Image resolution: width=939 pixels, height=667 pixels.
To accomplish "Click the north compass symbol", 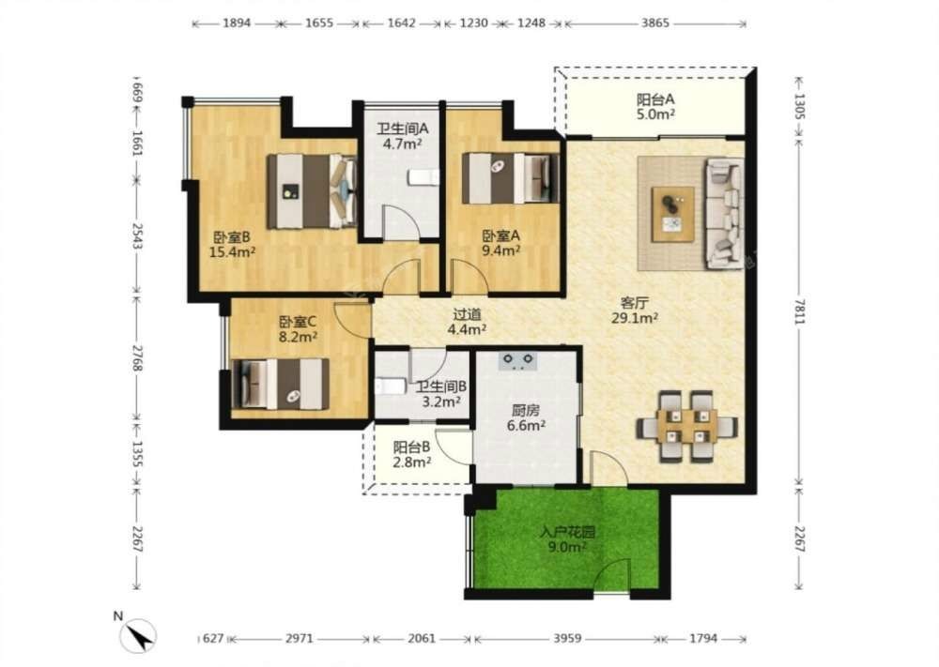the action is coord(138,635).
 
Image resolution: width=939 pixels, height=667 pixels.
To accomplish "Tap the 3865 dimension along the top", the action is coord(655,23).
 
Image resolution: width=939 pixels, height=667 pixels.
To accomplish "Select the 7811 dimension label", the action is coord(799,311).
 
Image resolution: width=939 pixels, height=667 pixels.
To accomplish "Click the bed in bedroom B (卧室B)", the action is coord(312,191).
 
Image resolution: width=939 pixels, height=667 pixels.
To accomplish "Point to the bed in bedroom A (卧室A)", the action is coord(511,178).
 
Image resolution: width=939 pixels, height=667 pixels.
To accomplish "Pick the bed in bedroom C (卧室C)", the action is coord(280,384).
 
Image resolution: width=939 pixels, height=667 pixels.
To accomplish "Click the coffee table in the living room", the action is coord(673,214).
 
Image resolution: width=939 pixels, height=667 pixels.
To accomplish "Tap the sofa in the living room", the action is coord(724,212).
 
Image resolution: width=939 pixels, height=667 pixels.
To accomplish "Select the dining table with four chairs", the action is coord(686,426).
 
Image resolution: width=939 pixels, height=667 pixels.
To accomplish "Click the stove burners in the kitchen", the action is coord(518,361).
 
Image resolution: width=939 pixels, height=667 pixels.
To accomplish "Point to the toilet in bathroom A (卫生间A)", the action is coord(423,177).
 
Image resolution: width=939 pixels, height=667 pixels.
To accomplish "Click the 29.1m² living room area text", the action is coord(634,318).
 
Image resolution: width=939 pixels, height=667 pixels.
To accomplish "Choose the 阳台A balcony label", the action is coord(655,99).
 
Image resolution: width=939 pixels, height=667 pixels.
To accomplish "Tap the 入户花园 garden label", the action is coord(567,532).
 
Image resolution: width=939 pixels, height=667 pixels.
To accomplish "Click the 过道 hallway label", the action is coord(467,314).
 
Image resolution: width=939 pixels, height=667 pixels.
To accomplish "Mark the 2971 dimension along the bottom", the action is coord(299,638).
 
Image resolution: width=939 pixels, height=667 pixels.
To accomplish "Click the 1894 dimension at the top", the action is coord(237,23).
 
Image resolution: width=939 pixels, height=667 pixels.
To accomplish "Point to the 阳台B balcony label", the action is coord(411,447).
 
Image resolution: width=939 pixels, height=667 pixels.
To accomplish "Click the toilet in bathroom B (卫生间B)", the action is coord(391,386).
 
